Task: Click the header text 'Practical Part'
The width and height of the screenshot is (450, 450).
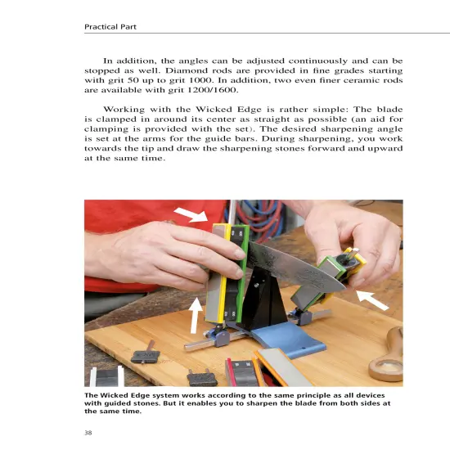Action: pos(110,27)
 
